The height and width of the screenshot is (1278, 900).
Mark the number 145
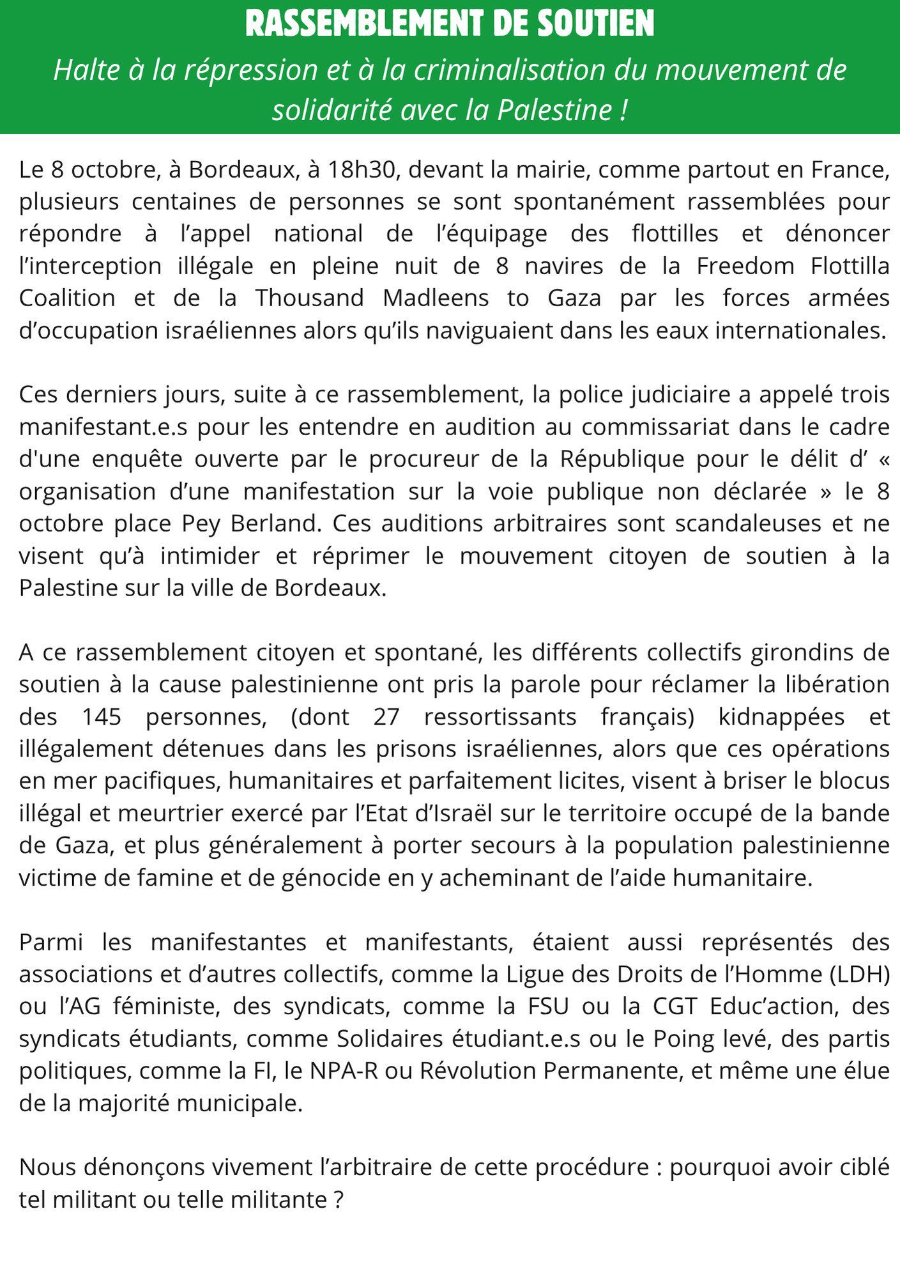pyautogui.click(x=102, y=717)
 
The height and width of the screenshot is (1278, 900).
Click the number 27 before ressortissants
pyautogui.click(x=386, y=717)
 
